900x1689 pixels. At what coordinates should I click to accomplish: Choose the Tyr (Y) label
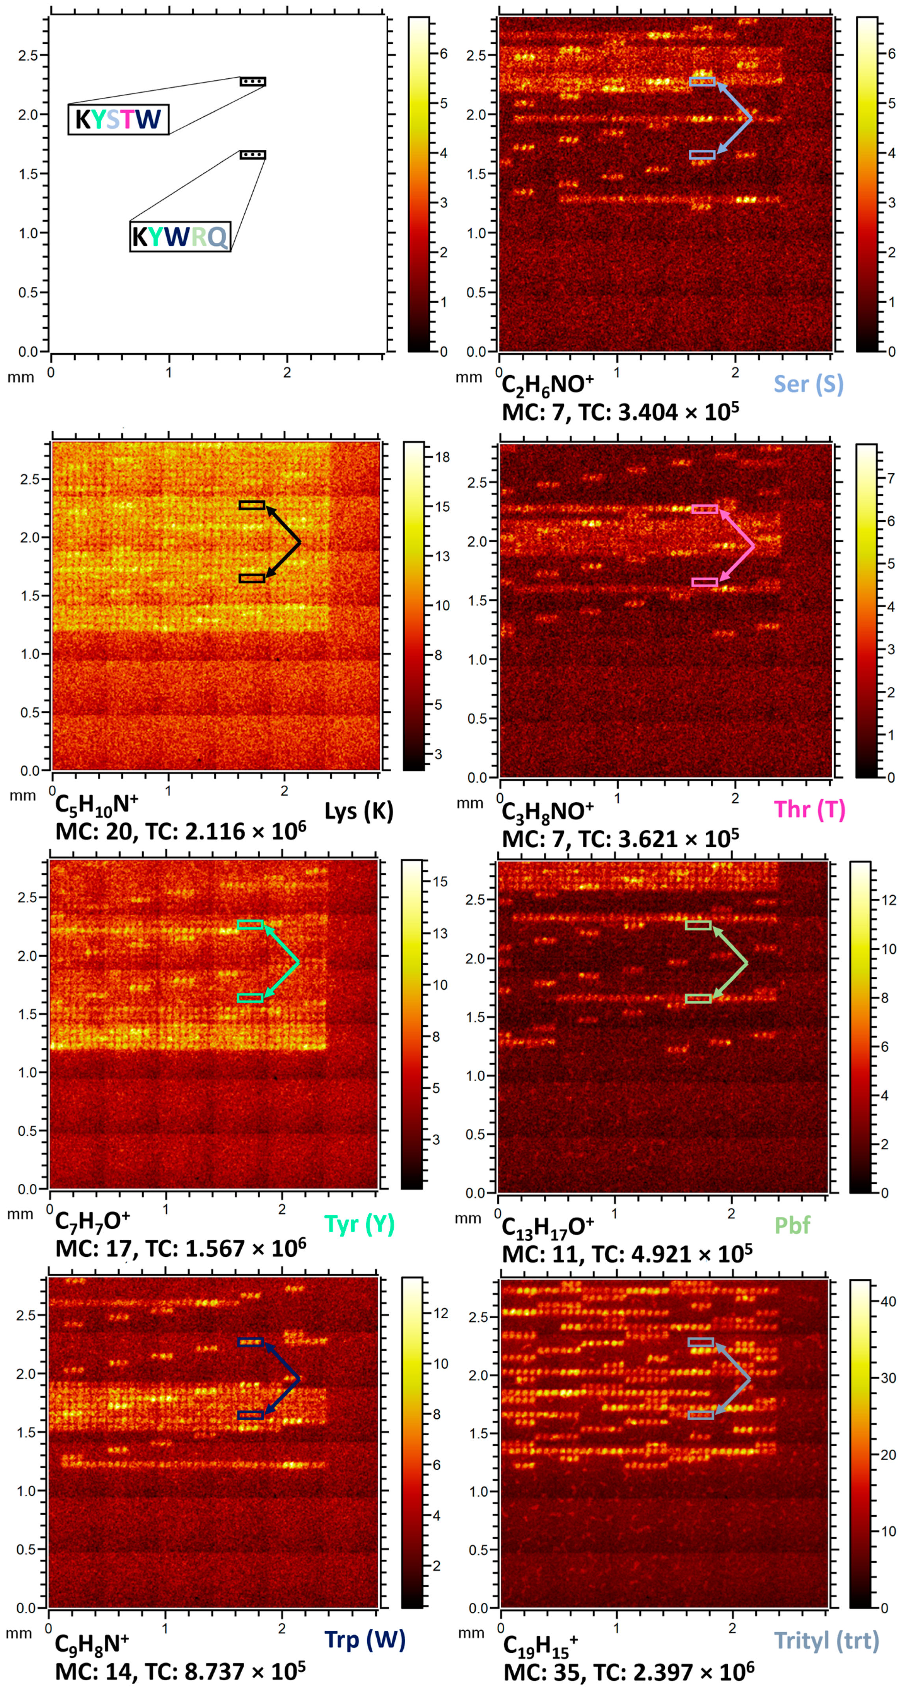click(359, 1224)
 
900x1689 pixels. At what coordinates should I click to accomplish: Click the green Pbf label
click(792, 1225)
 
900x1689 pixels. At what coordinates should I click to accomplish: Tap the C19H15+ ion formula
click(540, 1643)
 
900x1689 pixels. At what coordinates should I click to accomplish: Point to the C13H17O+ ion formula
click(547, 1226)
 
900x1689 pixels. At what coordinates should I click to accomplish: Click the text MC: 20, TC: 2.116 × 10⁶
click(180, 832)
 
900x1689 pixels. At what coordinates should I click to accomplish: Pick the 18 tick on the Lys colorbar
click(442, 458)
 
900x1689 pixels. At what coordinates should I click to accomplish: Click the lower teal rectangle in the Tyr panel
click(250, 998)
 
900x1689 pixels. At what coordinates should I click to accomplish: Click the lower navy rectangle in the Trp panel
click(250, 1416)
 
